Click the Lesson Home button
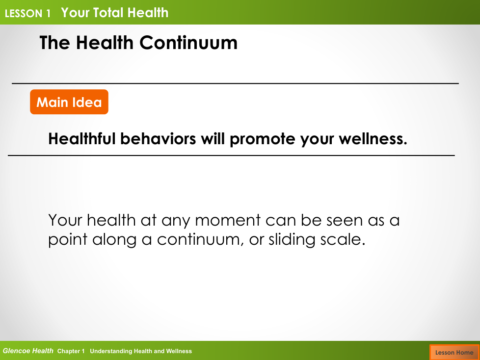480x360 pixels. (x=454, y=352)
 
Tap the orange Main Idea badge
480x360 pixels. (x=69, y=102)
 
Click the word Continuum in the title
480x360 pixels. (x=188, y=43)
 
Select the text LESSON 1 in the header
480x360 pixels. (x=27, y=13)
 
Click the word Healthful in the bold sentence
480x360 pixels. (x=82, y=138)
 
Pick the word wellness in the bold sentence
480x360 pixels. (x=373, y=138)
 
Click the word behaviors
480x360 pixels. (x=158, y=138)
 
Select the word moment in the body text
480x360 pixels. (x=228, y=220)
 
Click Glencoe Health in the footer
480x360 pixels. (x=28, y=351)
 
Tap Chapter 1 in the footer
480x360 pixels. (x=71, y=352)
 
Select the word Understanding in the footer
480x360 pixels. (x=111, y=352)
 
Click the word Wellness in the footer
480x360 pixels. (x=179, y=351)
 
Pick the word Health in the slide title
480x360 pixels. (x=105, y=43)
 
